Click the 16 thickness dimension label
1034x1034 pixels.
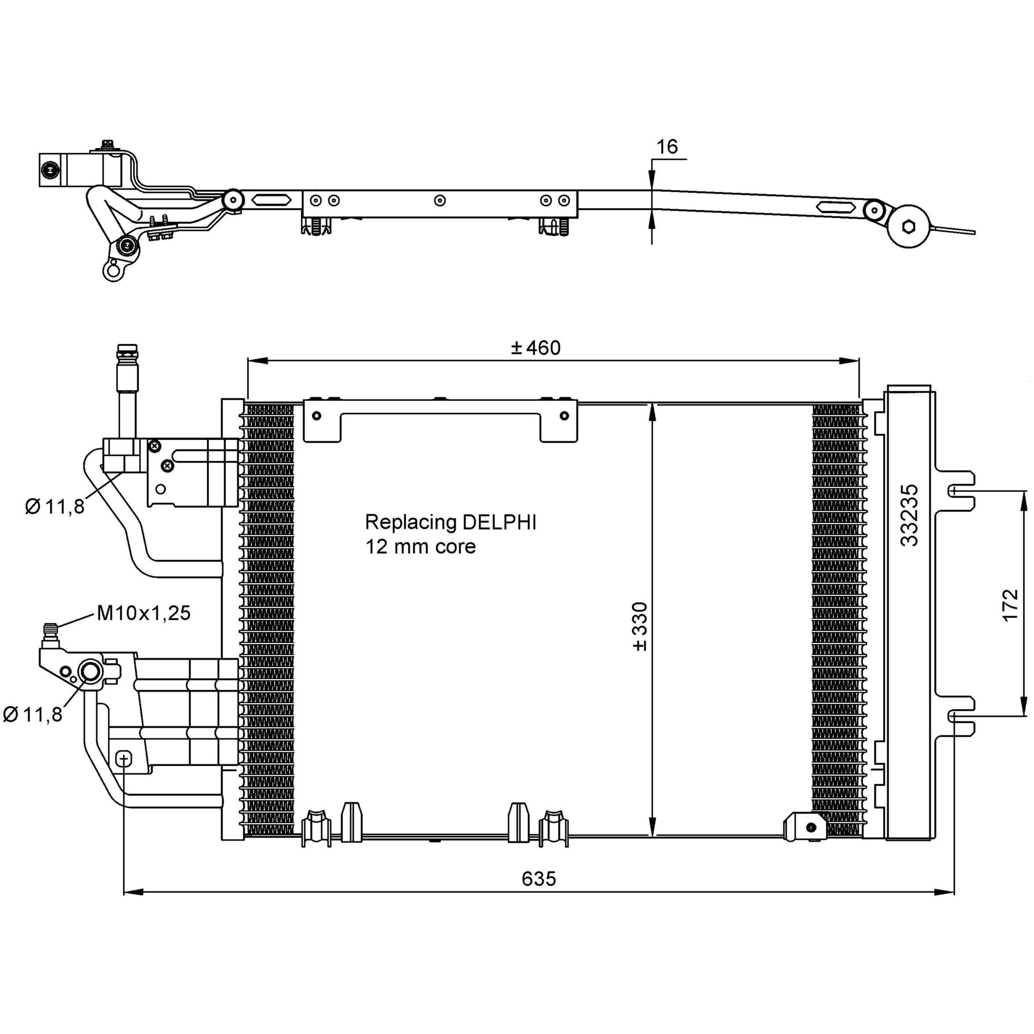click(x=667, y=147)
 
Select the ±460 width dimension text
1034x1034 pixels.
click(x=535, y=348)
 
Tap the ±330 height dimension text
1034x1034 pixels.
click(x=640, y=626)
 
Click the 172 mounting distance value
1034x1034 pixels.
click(x=1009, y=605)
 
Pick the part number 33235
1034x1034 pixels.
click(x=909, y=515)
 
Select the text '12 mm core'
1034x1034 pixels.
click(x=420, y=546)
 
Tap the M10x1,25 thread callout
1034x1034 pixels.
click(x=143, y=613)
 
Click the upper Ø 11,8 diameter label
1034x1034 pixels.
click(x=54, y=506)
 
